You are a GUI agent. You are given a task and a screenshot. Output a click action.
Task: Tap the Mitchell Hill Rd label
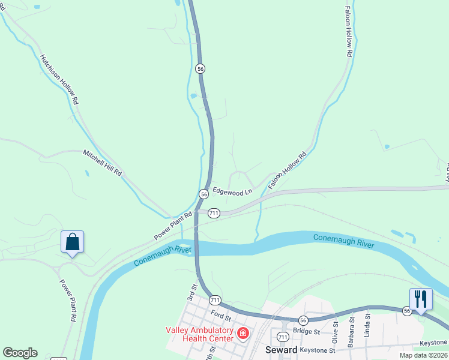coord(103,162)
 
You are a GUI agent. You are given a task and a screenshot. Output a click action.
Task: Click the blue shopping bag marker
coord(72,242)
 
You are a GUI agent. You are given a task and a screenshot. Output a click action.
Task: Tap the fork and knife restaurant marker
coord(421,299)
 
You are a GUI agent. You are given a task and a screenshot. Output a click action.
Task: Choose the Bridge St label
coord(304,331)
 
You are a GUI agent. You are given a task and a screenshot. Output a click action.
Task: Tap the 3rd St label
coord(192,293)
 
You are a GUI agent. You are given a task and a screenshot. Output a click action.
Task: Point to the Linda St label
coord(368,325)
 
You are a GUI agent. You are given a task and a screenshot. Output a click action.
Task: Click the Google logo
coord(20,353)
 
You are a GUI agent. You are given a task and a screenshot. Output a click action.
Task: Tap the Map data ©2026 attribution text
coord(424,355)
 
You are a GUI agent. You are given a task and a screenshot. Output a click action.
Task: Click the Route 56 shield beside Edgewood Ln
coord(204,194)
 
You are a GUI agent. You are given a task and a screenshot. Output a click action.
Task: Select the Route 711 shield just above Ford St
coord(215,299)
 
